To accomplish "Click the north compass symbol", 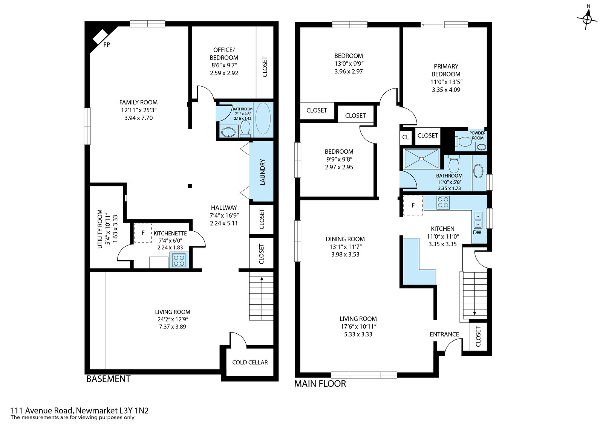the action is [588, 19].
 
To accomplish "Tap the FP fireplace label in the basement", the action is [107, 45].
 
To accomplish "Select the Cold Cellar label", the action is [250, 362].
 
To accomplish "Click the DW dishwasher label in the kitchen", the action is [477, 232].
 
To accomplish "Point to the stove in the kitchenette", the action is [179, 260].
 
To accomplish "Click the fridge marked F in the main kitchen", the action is [413, 205].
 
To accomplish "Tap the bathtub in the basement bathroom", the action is [263, 119].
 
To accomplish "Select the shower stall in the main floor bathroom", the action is [421, 159].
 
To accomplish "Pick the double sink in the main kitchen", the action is [478, 220].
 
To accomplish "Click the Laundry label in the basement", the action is [263, 172].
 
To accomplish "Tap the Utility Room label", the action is [100, 229].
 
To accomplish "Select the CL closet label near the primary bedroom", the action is [406, 137].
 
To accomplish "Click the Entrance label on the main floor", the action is [444, 334].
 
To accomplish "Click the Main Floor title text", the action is [320, 383].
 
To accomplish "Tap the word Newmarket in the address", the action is [97, 411].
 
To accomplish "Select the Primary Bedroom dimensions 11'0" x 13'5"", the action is [446, 82].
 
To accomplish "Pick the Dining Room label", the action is [345, 239].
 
